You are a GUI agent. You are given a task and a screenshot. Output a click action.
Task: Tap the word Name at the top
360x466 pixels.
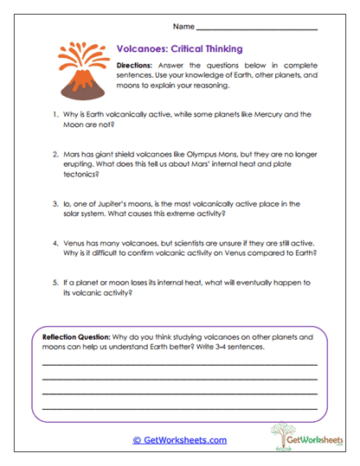183,28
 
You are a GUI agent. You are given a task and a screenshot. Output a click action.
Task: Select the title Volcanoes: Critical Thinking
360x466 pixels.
179,49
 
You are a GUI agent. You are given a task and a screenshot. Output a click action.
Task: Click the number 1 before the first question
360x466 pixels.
55,114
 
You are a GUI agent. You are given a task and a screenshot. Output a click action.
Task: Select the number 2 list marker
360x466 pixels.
55,151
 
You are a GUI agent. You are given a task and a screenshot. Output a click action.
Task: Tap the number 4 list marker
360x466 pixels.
55,245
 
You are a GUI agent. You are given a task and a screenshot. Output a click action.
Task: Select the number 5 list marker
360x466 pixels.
55,283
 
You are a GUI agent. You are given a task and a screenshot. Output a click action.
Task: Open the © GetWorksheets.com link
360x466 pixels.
179,440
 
